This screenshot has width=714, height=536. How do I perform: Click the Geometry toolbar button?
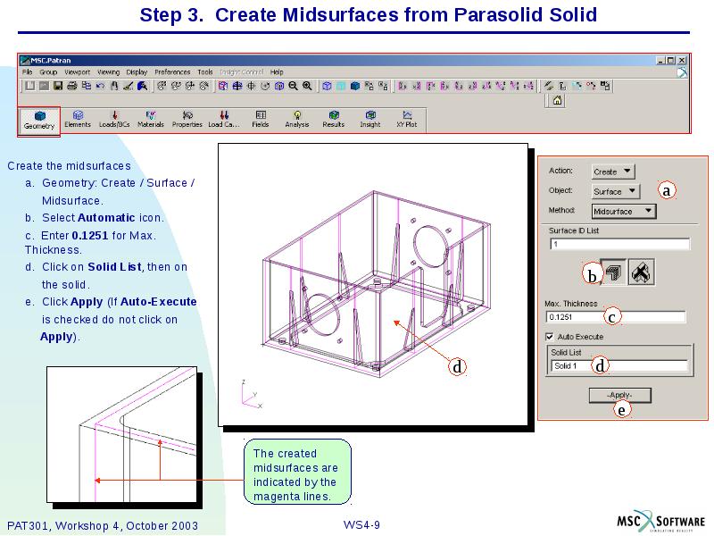(x=39, y=120)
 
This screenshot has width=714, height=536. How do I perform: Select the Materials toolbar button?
(x=151, y=119)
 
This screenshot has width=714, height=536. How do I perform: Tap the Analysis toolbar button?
(x=296, y=119)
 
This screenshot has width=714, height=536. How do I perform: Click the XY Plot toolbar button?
(x=406, y=119)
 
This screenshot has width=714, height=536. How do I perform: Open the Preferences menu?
(x=172, y=71)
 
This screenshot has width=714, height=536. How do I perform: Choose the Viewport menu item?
(x=77, y=71)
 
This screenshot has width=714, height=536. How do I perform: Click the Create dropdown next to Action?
(x=613, y=172)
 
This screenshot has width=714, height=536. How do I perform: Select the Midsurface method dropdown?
(x=624, y=212)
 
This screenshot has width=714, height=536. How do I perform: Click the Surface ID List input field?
(x=619, y=244)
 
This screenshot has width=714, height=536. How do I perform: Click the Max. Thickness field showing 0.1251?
(x=616, y=317)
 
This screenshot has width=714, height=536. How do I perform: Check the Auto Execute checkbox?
(x=550, y=337)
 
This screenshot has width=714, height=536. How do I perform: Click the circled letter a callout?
(x=667, y=189)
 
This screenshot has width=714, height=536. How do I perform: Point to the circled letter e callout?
(x=622, y=410)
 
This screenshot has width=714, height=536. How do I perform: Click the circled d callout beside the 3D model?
(x=456, y=366)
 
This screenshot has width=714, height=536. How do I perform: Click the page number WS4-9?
(x=361, y=524)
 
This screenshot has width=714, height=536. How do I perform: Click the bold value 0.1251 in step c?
(x=90, y=235)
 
